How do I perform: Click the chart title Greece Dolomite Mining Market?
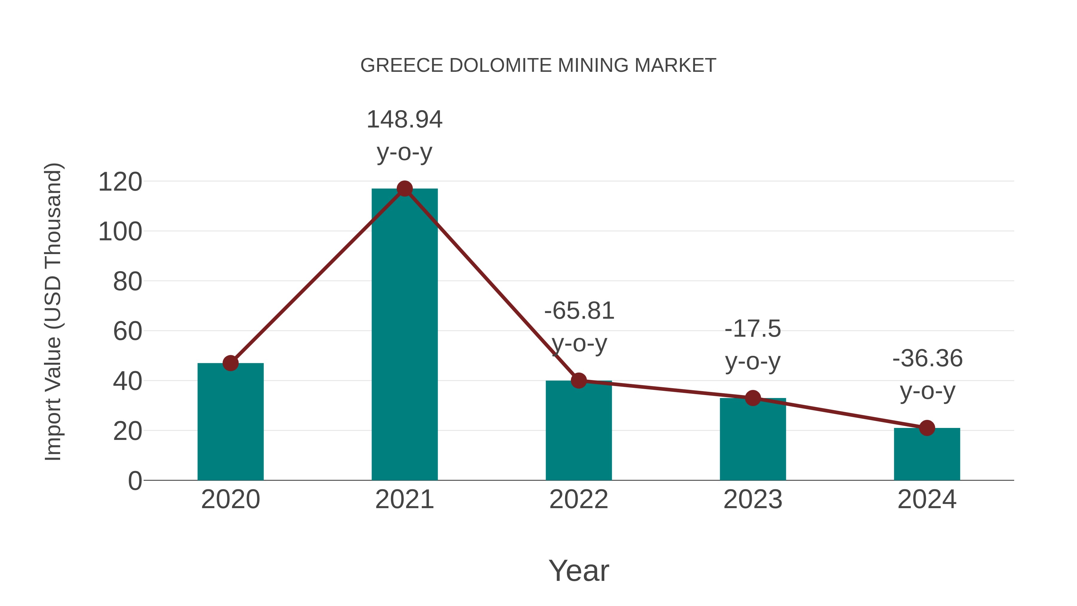[x=538, y=66]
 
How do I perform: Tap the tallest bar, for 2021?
[x=404, y=335]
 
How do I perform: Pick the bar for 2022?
[x=579, y=431]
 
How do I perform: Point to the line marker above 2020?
[x=230, y=363]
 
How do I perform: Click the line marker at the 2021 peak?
[x=404, y=189]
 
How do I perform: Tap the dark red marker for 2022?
[x=579, y=381]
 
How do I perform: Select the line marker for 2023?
[x=753, y=398]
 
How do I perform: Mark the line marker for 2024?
[x=927, y=428]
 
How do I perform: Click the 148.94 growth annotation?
[x=404, y=120]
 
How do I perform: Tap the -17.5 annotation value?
[x=753, y=329]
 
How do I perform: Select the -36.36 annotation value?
[x=927, y=359]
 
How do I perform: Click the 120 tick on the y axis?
[x=120, y=182]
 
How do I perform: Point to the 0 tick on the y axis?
[x=135, y=481]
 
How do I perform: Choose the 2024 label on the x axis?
[x=927, y=499]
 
